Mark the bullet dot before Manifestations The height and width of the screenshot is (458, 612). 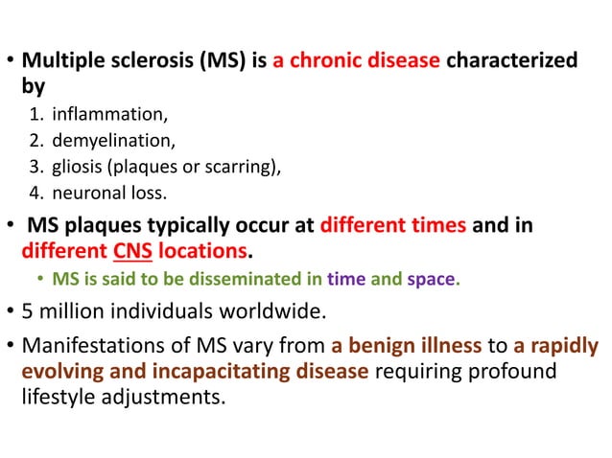[10, 346]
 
